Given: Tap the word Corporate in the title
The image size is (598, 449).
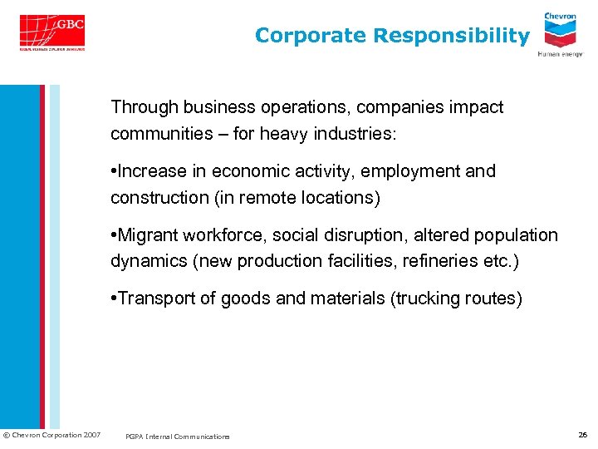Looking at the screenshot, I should pos(311,36).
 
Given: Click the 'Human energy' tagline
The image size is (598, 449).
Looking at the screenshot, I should pos(560,54).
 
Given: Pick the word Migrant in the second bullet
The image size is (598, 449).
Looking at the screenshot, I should pos(149,235).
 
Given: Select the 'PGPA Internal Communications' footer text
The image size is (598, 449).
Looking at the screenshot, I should pos(177,437).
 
